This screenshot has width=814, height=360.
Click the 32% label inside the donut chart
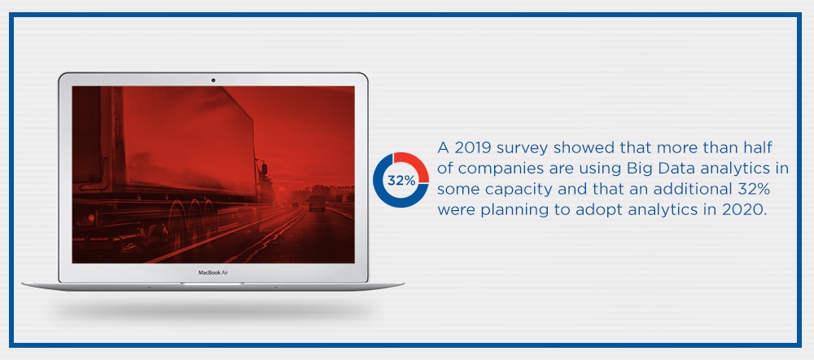tap(400, 180)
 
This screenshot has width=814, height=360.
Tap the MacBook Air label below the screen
tap(213, 273)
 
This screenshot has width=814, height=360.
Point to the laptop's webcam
tap(212, 80)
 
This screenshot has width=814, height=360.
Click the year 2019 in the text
tap(473, 148)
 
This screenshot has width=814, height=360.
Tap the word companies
tap(495, 169)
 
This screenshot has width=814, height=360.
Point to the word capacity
tap(514, 189)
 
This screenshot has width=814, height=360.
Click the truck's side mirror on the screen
tap(264, 169)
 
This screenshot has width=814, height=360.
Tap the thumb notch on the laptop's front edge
tap(212, 284)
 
